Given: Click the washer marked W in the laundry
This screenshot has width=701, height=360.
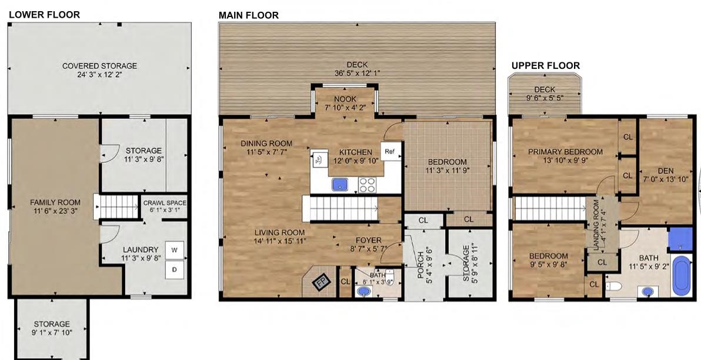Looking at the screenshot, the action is pos(174,251).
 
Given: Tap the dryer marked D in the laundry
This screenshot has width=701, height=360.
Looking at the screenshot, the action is pos(174,270).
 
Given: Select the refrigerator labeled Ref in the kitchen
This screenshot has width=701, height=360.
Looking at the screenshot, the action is pos(390,152).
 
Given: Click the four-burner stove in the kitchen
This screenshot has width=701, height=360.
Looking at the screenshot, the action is pos(366,185).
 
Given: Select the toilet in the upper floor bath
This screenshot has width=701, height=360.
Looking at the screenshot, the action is pos(613,286).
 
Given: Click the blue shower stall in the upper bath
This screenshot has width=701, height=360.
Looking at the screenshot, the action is pos(680,239).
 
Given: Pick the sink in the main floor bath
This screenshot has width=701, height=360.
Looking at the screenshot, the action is pos(365,292).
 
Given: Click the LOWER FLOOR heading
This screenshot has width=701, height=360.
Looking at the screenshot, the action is pos(44,14).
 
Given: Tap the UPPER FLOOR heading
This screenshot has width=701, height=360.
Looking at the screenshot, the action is pos(545,66).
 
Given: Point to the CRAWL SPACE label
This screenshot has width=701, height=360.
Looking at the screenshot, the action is pos(165,203).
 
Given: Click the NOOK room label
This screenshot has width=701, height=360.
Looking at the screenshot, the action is pos(345,99).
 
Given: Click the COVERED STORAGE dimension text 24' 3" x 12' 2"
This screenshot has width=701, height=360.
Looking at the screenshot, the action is pos(99,74).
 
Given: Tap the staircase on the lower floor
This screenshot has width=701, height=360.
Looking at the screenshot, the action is pos(116,206).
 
